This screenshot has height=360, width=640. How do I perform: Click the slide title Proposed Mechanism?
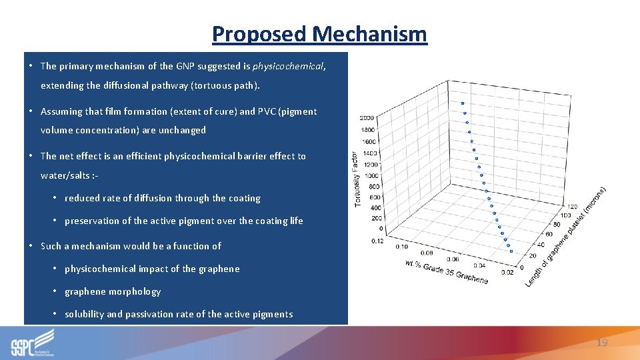click(x=319, y=33)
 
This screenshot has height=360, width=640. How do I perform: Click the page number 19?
click(x=601, y=342)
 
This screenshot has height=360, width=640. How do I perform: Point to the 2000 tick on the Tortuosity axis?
click(x=367, y=118)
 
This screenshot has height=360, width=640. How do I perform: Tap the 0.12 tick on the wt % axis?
click(x=377, y=240)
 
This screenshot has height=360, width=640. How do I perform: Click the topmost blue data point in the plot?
click(x=462, y=103)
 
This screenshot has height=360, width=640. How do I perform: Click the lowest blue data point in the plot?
click(x=510, y=251)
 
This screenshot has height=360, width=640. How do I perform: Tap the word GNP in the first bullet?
click(x=184, y=66)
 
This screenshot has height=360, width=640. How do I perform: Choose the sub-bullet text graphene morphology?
click(x=113, y=291)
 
